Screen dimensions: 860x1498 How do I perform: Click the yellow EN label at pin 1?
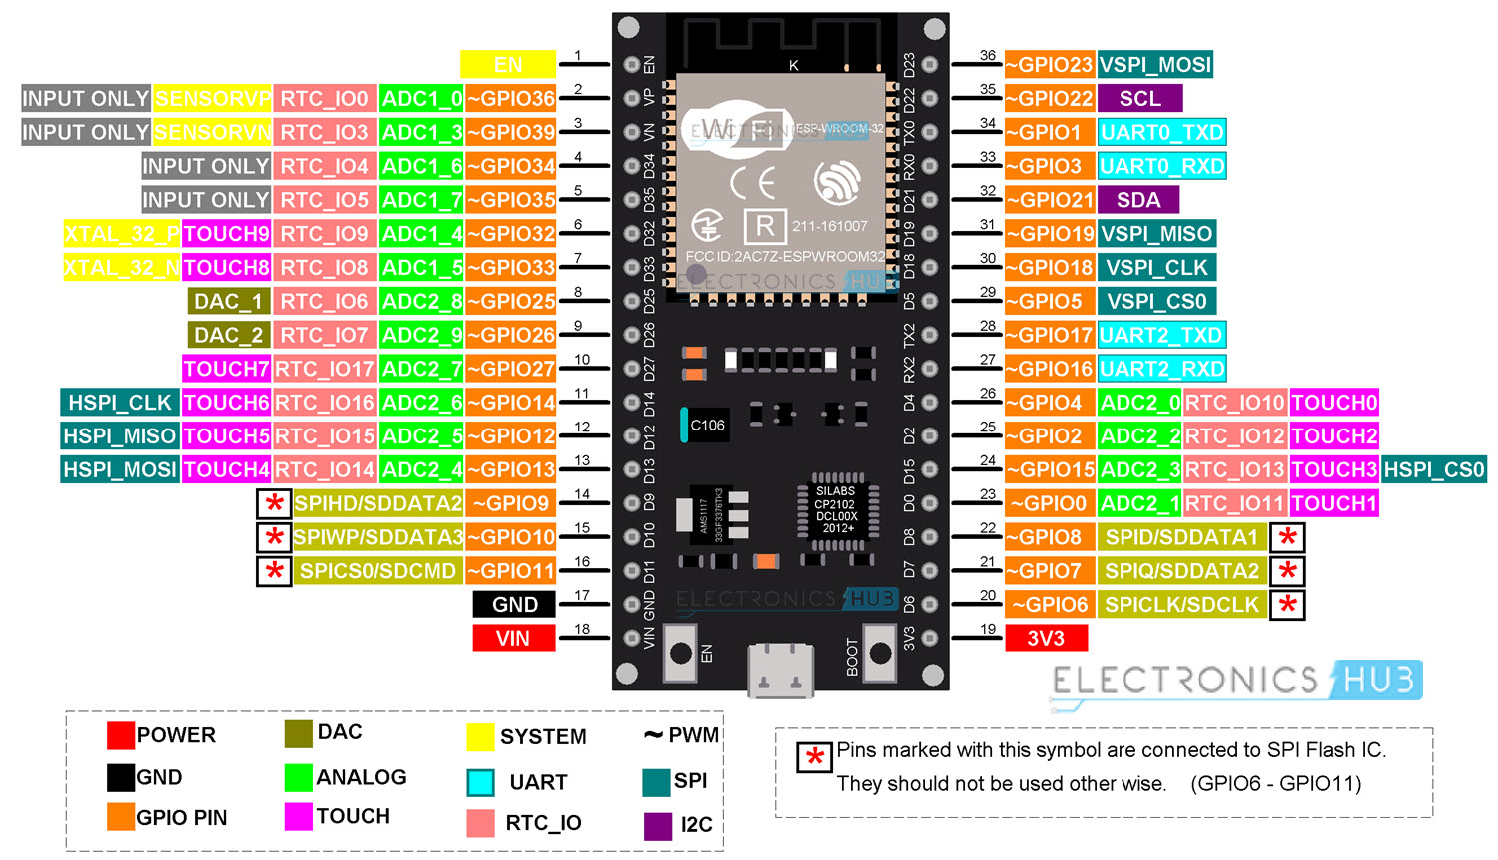coord(507,65)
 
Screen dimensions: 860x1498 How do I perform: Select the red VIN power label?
coord(513,639)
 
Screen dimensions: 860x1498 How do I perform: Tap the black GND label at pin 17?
coord(514,605)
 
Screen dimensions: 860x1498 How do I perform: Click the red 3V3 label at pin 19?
coord(1046,639)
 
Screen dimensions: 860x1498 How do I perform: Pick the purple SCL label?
coord(1139,99)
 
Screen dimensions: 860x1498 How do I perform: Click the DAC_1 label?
coord(229,302)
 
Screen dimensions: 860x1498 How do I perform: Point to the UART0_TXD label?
coord(1161,133)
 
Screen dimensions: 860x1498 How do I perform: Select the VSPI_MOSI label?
coord(1155,65)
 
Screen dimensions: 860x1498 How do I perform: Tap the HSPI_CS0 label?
coord(1434,470)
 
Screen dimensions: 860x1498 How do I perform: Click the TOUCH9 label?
coord(226,234)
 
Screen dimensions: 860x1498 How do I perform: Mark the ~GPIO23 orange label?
coord(1050,65)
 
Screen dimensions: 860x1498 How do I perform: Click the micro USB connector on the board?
coord(779,669)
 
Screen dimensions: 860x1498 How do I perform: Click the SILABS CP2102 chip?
coord(836,509)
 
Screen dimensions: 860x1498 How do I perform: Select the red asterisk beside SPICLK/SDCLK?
coord(1287,605)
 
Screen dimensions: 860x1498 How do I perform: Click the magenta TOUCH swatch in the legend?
coord(298,816)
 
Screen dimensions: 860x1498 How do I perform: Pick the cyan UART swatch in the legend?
coord(480,782)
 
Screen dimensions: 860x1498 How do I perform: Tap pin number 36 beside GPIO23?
coord(987,56)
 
